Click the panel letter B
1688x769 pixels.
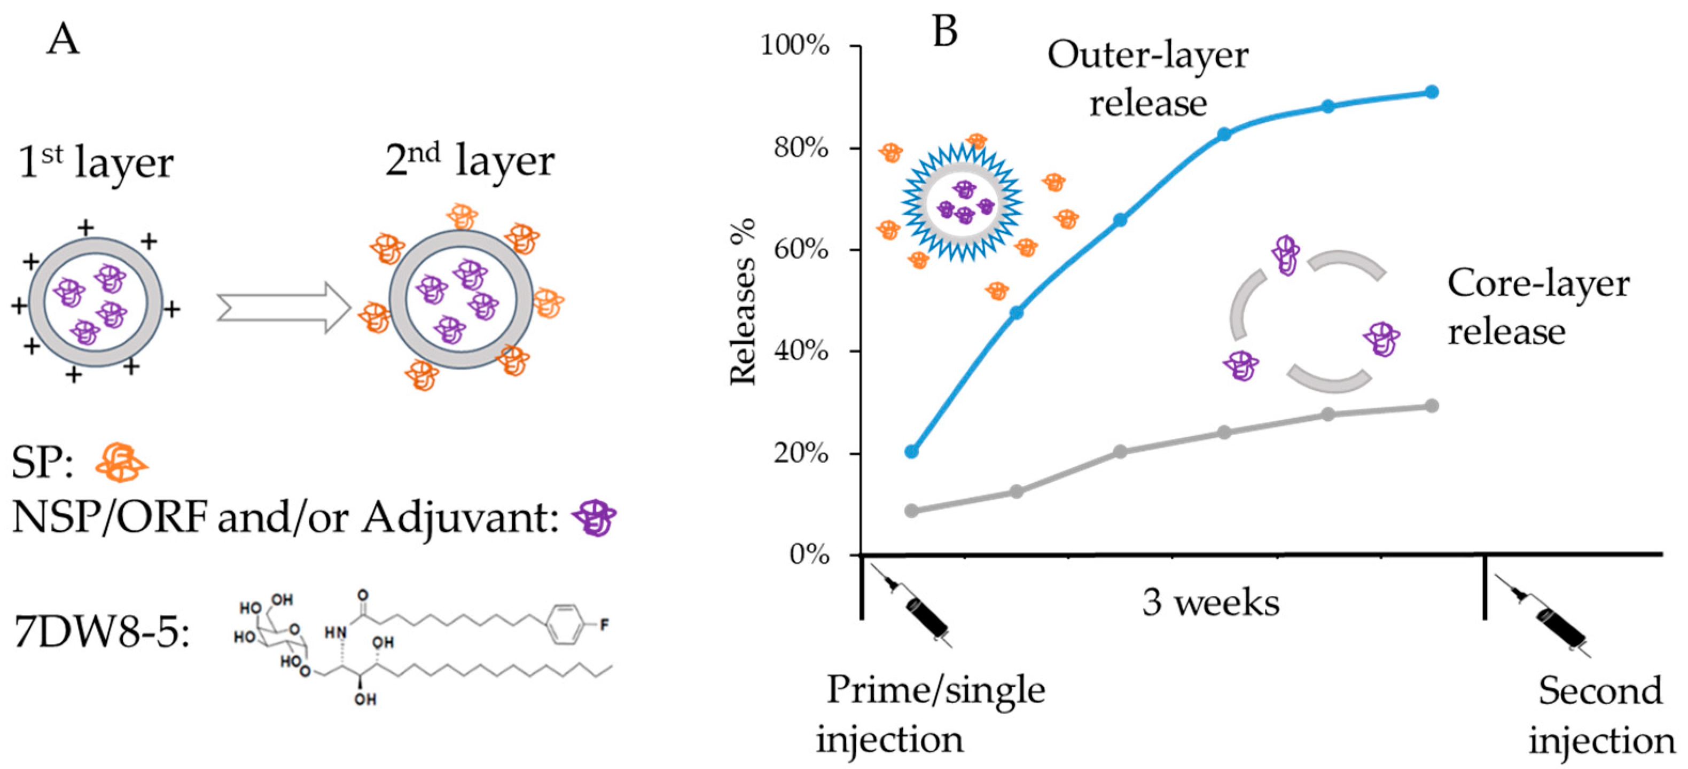coord(944,31)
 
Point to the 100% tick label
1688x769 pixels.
coord(795,46)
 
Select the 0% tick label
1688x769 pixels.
coord(809,555)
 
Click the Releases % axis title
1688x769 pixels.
coord(744,301)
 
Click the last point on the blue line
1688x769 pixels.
coord(1432,92)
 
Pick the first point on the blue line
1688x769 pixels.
coord(911,451)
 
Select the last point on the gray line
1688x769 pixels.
coord(1432,406)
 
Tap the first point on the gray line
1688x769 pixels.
coord(911,511)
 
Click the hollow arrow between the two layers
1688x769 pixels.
coord(284,308)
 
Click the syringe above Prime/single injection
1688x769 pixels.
coord(917,609)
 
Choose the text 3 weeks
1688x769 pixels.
coord(1211,602)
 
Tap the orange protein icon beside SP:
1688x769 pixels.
coord(121,463)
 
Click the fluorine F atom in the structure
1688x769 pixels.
coord(604,625)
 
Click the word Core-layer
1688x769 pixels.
coord(1538,284)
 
